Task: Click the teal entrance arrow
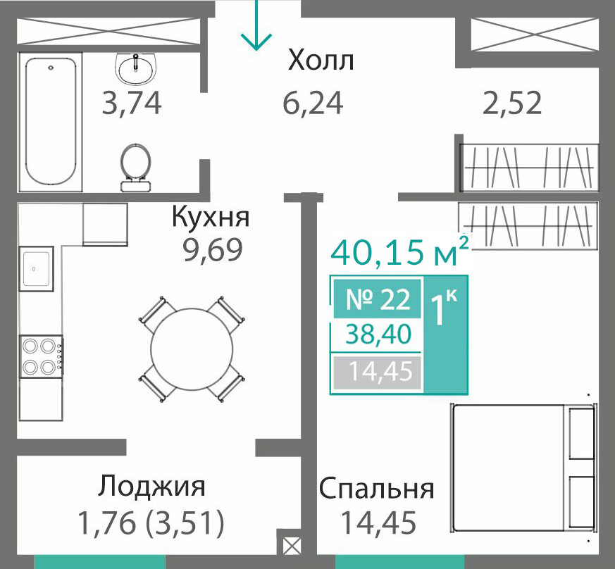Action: coord(256,25)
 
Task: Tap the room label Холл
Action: coord(321,61)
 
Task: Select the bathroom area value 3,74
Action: coord(132,103)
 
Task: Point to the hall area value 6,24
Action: coord(313,103)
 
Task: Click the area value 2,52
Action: coord(512,103)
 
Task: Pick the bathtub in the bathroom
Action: coord(50,121)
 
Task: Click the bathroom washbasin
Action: coord(136,68)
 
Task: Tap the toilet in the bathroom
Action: coord(136,168)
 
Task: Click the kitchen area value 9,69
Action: coord(213,249)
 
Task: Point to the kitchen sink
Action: coord(36,268)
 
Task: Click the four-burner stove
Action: coord(41,356)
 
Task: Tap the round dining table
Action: coord(192,349)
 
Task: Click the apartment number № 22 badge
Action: coord(378,299)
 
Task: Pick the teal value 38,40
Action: coord(378,334)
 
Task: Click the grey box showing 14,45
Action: coord(378,371)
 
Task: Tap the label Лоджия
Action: coord(151,487)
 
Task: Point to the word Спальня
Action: coord(376,488)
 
